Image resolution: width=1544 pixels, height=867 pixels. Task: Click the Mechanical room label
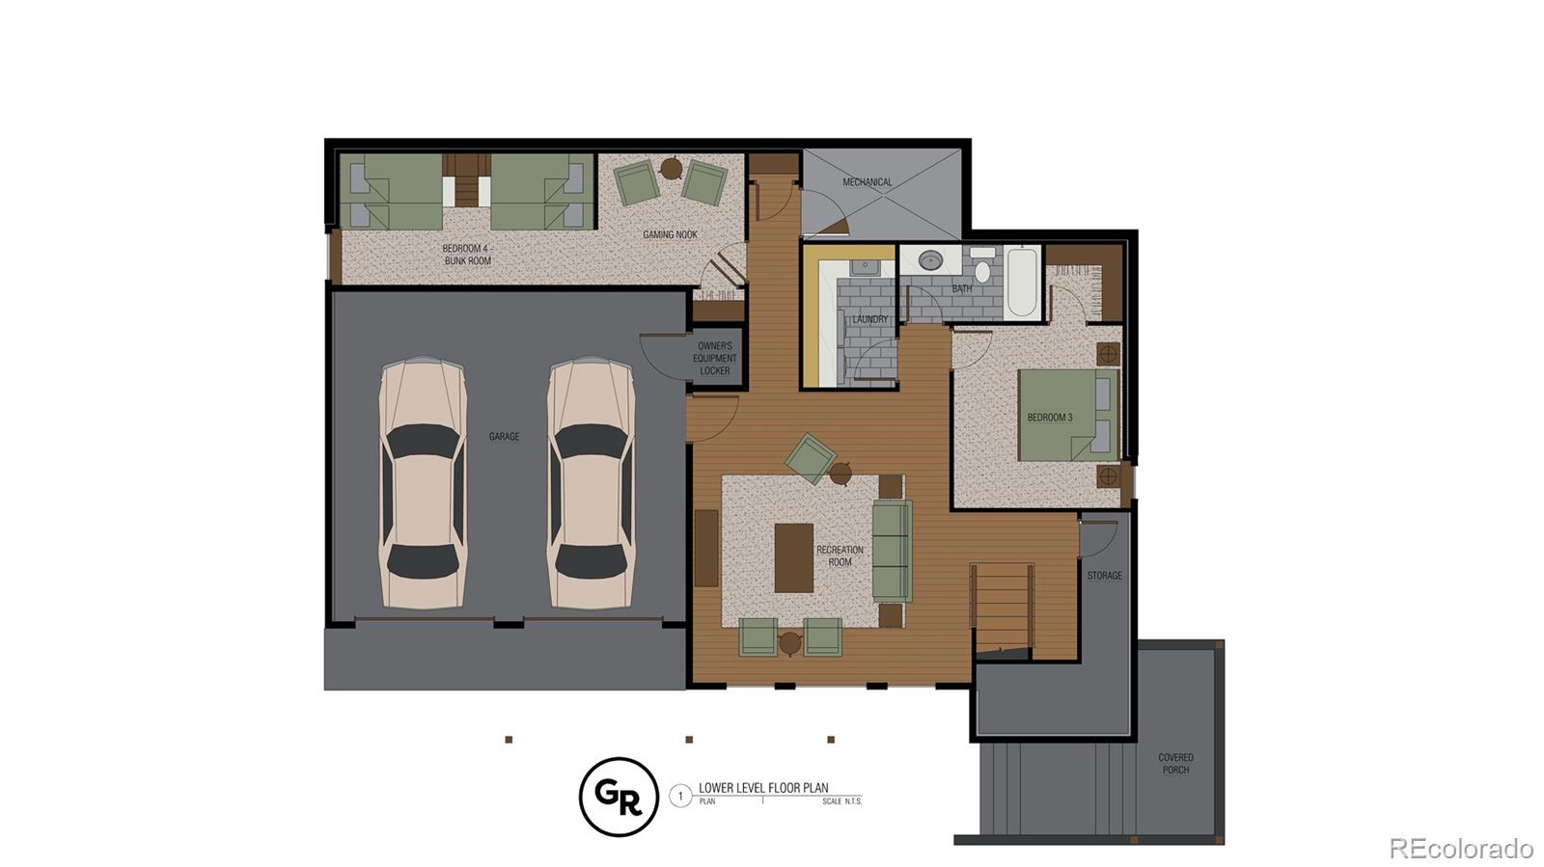[x=867, y=182]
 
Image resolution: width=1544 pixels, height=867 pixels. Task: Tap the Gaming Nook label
[x=670, y=234]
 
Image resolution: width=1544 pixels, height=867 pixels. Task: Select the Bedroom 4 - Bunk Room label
[x=467, y=255]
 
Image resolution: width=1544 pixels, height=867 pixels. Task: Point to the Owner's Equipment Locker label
[x=715, y=358]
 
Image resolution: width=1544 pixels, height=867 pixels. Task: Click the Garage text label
[x=504, y=437]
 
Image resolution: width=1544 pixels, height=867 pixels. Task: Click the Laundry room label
[x=869, y=319]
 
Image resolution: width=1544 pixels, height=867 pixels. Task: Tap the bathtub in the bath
[x=1022, y=284]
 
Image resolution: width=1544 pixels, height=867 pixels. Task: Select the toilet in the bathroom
[x=982, y=266]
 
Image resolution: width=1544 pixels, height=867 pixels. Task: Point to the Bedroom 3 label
[x=1050, y=418]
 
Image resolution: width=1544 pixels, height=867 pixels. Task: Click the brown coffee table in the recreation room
[x=793, y=557]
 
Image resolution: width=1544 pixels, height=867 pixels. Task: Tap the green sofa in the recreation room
[x=892, y=551]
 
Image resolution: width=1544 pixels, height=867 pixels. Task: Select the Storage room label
[x=1104, y=576]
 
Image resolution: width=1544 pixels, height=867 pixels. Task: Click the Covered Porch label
[x=1175, y=764]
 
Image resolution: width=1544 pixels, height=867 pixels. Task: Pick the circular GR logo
[x=619, y=797]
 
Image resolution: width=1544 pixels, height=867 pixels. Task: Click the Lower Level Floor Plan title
[x=763, y=788]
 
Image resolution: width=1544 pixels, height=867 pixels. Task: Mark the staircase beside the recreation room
[x=1003, y=608]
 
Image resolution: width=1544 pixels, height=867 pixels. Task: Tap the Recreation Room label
[x=840, y=555]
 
